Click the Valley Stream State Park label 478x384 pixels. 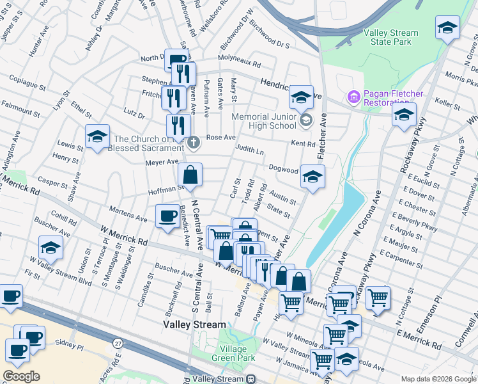coord(390,37)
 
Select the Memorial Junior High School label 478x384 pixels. coord(264,121)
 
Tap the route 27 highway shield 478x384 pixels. coord(118,344)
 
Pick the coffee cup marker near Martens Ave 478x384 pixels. coord(167,215)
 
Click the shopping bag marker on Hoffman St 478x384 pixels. coord(190,173)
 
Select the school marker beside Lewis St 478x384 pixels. coord(97,136)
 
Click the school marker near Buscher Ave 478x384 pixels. coord(50,246)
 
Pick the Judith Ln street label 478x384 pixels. coord(251,151)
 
